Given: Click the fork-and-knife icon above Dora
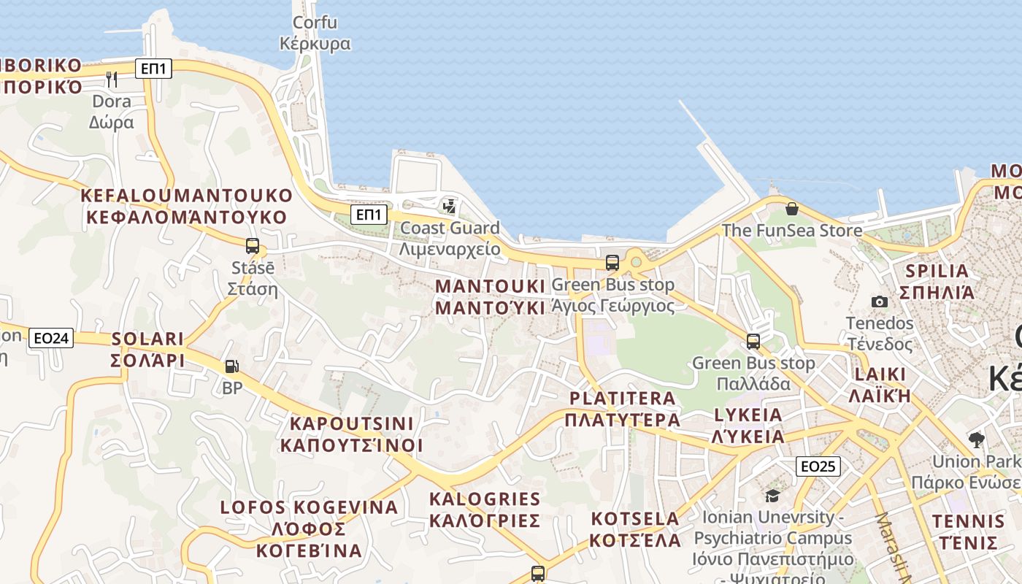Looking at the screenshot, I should pos(112,79).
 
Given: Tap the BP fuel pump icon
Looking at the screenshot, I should pos(231,366).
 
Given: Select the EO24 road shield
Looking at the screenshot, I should pos(52,338).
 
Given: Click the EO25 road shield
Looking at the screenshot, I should pos(818,466).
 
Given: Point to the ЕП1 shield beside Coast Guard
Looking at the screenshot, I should pos(369,214).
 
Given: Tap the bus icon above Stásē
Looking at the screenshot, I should pos(253,246).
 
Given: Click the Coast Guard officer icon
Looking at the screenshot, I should pos(450,207).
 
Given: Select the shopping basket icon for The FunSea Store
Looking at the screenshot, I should pos(791,210).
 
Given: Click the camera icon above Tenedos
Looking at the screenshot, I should pos(880,301).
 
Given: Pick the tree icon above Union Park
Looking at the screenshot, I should pos(976,439).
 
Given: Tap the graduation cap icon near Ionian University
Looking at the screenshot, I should pos(772,496).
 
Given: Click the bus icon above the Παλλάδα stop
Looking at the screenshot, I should pos(753,341).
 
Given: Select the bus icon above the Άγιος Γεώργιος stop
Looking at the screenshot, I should pos(612,263).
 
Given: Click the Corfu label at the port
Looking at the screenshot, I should pos(315,23).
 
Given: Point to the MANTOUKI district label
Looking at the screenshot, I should pos(490,285).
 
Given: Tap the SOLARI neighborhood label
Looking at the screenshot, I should pos(147,339).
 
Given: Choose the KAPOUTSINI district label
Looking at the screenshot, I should pos(351,423).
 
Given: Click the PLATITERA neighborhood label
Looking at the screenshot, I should pos(622,398).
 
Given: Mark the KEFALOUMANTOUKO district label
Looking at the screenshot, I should pos(186,196).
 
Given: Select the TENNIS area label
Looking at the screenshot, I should pos(968,521).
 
